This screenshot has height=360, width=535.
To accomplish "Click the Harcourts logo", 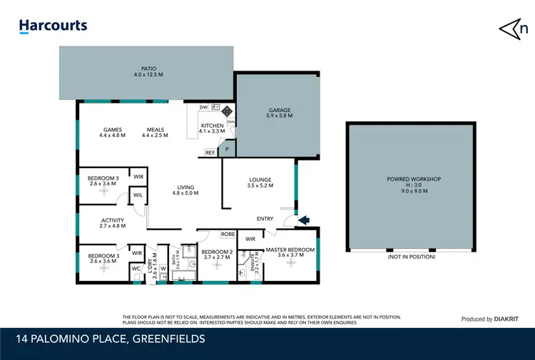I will (53, 26).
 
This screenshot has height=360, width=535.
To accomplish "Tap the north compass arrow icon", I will (513, 28).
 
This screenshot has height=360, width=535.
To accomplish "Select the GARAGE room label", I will (279, 110).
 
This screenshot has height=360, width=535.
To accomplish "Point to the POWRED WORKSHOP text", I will (413, 180).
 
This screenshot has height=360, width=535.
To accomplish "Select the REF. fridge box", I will (210, 153).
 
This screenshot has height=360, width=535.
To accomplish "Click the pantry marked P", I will (227, 150).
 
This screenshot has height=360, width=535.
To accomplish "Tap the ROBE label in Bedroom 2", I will (228, 234).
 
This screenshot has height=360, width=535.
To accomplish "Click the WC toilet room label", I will (136, 269).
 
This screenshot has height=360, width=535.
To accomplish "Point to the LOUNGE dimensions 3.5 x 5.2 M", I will (261, 185).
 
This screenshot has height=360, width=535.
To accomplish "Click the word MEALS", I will (156, 130).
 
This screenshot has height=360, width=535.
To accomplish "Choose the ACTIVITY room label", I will (113, 220).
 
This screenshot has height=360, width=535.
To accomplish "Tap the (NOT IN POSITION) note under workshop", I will (411, 257).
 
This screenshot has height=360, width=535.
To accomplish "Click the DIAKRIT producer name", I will (509, 319).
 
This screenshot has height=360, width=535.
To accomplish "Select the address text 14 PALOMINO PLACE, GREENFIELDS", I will (108, 339).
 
